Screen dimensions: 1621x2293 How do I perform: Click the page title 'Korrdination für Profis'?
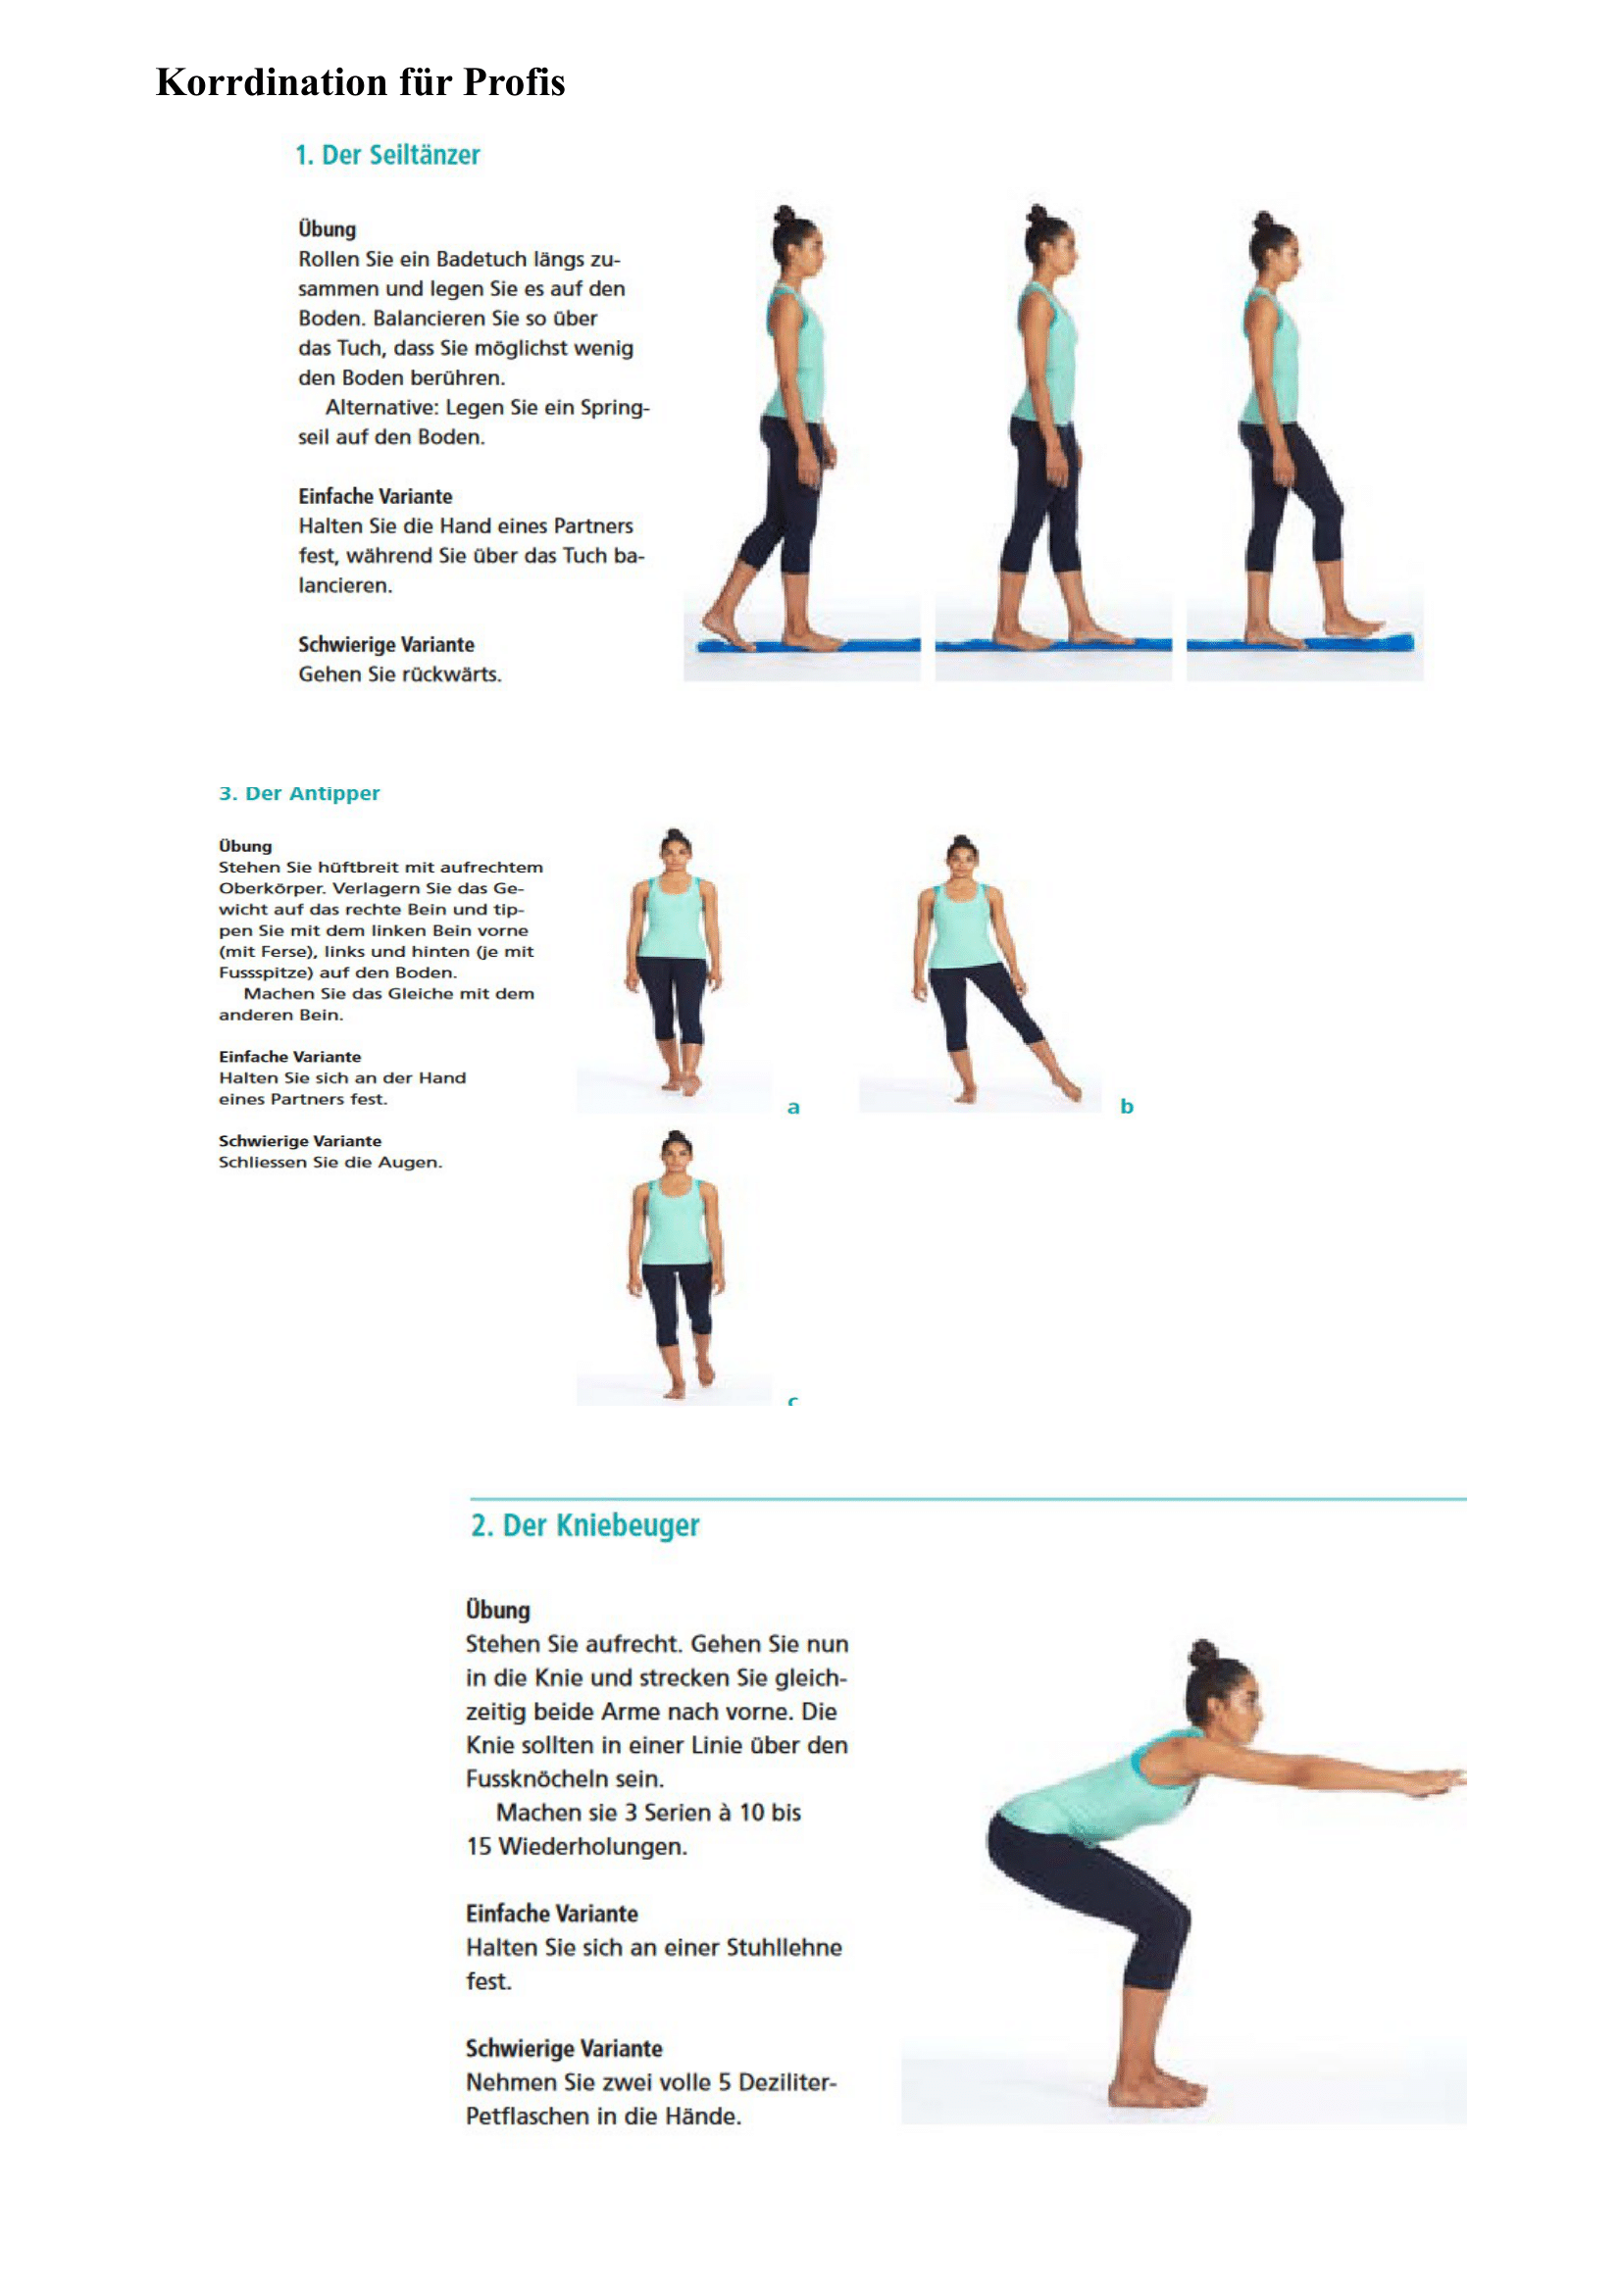point(361,82)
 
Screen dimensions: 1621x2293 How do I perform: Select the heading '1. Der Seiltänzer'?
point(387,155)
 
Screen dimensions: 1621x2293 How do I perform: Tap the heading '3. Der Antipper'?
point(300,793)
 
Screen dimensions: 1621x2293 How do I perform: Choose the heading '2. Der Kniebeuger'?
point(585,1525)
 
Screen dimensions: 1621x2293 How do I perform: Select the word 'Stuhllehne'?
point(785,1948)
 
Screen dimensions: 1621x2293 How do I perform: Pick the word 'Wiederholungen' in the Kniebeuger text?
point(592,1847)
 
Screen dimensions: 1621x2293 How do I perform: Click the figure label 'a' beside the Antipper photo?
point(793,1107)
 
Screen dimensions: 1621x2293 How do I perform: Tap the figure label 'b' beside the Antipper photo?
point(1127,1106)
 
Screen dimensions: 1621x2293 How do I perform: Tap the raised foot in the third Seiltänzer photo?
point(1354,627)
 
